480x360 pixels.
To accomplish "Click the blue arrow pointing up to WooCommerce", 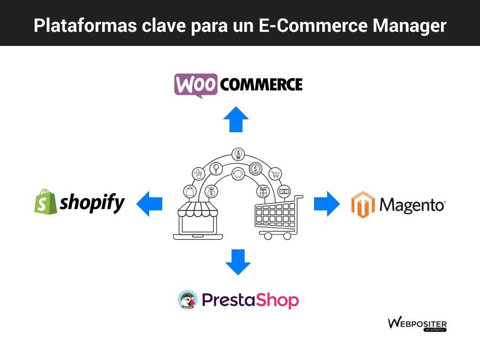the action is [x=236, y=120].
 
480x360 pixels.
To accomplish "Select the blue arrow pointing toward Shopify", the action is [x=150, y=203].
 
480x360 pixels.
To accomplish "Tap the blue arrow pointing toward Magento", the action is [x=327, y=203].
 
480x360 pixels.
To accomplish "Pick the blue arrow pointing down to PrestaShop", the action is [x=238, y=262].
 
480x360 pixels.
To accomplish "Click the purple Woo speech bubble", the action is [x=196, y=85].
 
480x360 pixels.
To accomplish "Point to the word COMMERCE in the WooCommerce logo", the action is [x=261, y=85].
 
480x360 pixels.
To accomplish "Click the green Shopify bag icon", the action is [x=45, y=202].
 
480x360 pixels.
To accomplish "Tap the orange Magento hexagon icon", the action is [x=363, y=204].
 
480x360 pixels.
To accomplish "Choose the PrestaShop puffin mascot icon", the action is [x=187, y=300].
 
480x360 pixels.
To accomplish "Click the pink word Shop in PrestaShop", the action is [x=277, y=300].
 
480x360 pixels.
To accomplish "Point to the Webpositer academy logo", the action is [x=417, y=324].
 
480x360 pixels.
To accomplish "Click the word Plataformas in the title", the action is [x=85, y=25].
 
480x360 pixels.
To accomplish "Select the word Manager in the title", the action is [x=409, y=26].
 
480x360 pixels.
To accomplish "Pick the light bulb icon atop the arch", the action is [x=238, y=154].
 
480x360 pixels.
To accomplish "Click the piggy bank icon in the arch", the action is [x=238, y=174].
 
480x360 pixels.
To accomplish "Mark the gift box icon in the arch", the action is [x=263, y=192].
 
